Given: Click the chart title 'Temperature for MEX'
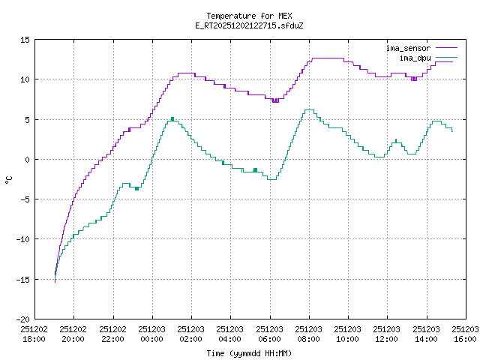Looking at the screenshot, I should pyautogui.click(x=249, y=16).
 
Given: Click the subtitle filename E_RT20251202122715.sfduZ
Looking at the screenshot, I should pyautogui.click(x=249, y=25).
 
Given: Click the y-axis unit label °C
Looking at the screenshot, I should pyautogui.click(x=9, y=179).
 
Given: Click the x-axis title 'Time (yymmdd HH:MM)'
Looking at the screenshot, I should pyautogui.click(x=249, y=353).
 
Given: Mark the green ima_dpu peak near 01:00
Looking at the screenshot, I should pyautogui.click(x=172, y=118).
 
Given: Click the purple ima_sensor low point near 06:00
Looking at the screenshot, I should pyautogui.click(x=275, y=100).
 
